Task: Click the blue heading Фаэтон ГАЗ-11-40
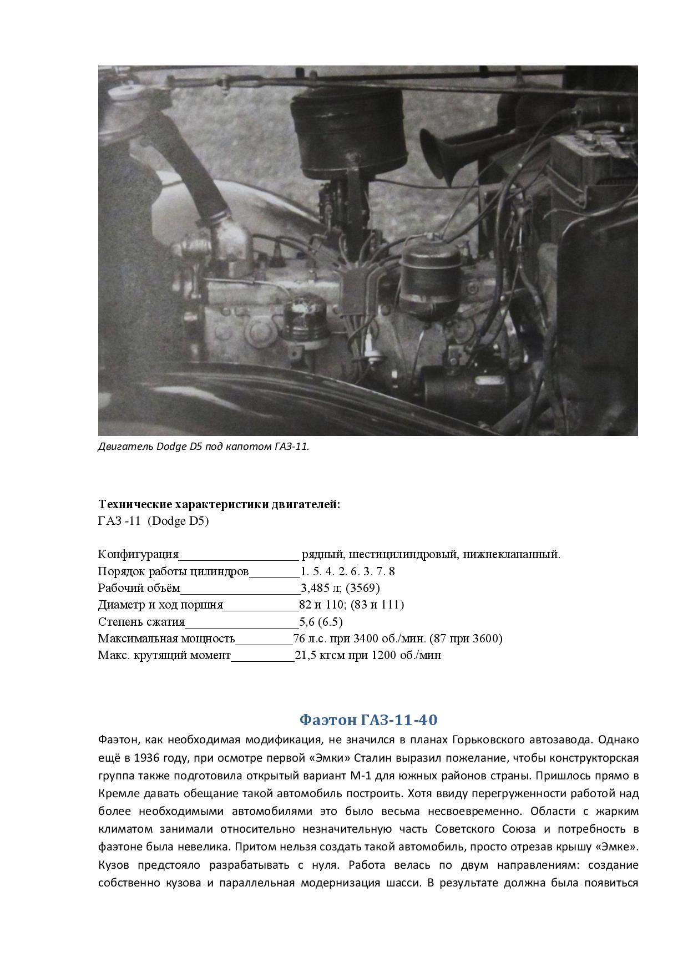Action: click(x=368, y=720)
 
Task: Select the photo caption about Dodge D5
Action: click(x=204, y=447)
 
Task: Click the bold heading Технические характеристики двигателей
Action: click(x=219, y=504)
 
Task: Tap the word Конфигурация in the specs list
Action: click(x=138, y=554)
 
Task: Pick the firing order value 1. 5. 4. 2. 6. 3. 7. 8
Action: click(x=348, y=571)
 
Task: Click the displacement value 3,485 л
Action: click(x=321, y=588)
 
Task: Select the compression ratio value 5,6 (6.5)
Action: click(x=321, y=621)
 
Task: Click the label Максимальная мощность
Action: click(x=166, y=638)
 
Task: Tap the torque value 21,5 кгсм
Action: click(x=320, y=655)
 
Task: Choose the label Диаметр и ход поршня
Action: click(x=160, y=605)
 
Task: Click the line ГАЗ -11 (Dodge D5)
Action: click(x=153, y=521)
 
